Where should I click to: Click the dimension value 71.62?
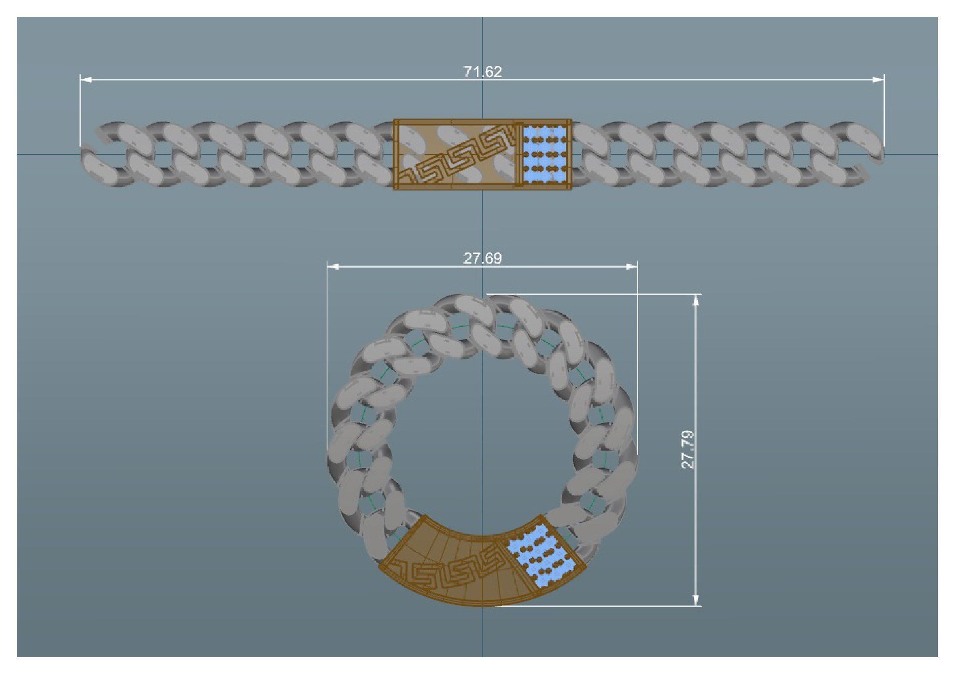[483, 72]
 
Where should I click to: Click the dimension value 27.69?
[483, 259]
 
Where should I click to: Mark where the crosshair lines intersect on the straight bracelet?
[483, 154]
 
